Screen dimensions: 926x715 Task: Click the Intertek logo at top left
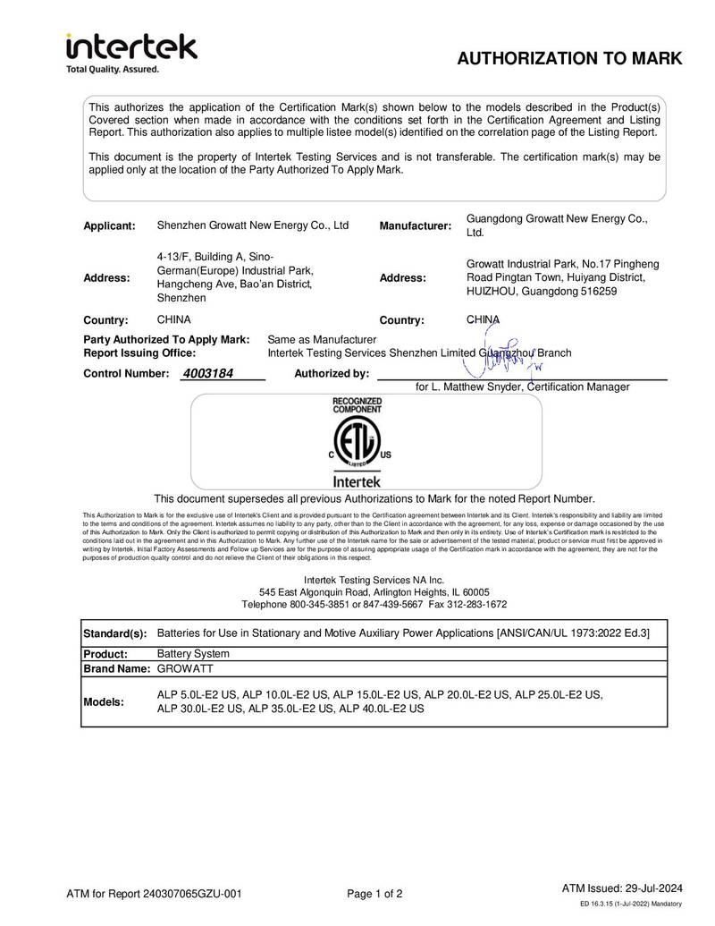point(131,47)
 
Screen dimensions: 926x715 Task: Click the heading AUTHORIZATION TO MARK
point(569,59)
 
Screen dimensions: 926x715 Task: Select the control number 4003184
point(207,373)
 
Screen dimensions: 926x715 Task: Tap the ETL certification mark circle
point(357,443)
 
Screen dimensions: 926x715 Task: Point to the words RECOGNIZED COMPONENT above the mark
point(357,404)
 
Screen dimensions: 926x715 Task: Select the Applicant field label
point(109,225)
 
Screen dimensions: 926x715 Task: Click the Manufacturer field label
point(415,225)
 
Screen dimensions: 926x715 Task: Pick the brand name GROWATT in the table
point(187,668)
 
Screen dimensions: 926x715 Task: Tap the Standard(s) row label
point(115,633)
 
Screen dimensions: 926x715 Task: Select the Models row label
point(105,701)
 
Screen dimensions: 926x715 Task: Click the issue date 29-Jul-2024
point(652,888)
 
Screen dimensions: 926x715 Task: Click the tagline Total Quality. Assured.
point(113,69)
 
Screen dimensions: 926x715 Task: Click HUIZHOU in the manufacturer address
point(493,292)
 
